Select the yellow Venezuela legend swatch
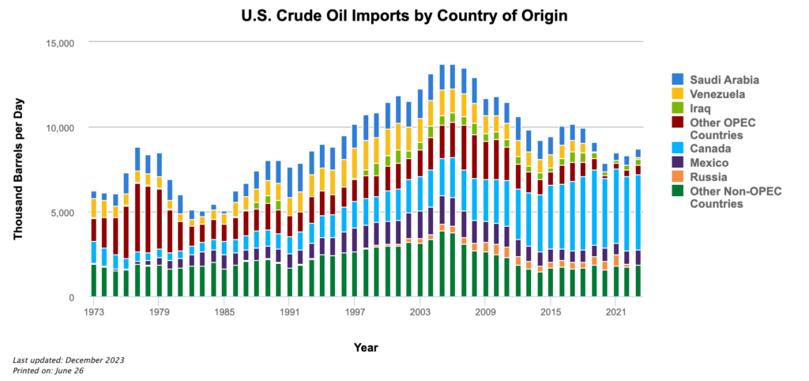677,93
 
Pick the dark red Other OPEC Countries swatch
677,121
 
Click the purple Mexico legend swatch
677,162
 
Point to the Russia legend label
707,176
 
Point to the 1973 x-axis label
93,312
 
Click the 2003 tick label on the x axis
420,312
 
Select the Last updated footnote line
69,360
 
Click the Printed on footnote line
48,370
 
